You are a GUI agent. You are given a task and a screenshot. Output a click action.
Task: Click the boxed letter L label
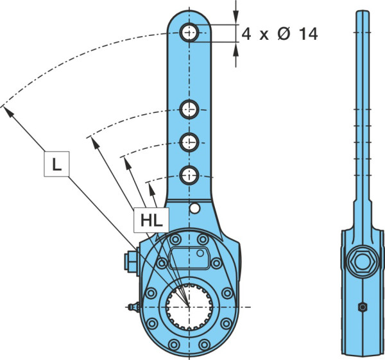56,164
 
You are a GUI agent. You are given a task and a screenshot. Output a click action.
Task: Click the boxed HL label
151,220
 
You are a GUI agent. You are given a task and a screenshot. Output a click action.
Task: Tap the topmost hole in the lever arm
189,33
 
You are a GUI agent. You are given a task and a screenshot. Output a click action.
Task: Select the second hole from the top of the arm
189,110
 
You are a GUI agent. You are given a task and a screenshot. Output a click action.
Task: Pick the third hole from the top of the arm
189,142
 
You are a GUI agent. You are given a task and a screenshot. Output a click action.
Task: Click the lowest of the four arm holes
189,176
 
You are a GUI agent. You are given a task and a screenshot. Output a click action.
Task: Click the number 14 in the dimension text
308,34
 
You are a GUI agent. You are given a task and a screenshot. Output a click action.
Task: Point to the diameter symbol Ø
284,34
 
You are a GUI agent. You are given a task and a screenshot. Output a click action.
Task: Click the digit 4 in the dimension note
246,34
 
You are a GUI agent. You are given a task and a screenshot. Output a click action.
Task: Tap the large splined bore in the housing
189,307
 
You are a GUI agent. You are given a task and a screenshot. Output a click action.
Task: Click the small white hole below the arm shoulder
195,209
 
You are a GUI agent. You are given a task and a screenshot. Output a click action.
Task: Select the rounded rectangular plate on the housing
189,257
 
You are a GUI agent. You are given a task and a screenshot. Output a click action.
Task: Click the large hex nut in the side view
363,262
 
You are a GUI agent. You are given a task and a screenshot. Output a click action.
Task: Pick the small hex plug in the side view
363,307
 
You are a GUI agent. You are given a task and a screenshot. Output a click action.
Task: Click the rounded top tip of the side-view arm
363,12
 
